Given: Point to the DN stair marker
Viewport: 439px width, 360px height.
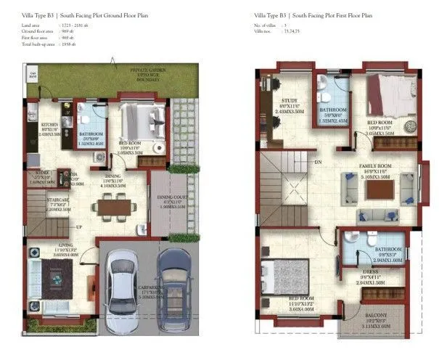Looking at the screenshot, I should tap(318, 163).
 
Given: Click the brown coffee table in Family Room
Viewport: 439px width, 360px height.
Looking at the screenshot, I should tap(379, 188).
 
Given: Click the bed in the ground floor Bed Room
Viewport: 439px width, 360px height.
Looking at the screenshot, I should tap(139, 116).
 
